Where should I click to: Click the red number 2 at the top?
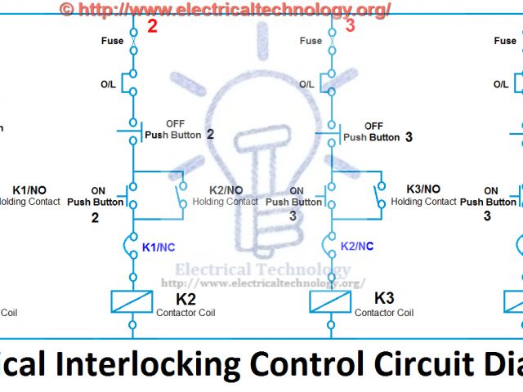pos(152,26)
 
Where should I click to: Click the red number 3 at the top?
pos(350,26)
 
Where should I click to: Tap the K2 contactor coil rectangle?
pos(132,301)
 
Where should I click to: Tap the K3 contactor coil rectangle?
pos(331,301)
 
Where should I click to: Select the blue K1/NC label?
pos(159,246)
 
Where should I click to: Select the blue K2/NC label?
pos(357,246)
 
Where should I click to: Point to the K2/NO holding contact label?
pos(227,189)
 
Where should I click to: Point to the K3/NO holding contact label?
pos(423,189)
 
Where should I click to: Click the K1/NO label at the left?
pos(30,189)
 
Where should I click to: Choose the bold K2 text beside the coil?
pos(186,298)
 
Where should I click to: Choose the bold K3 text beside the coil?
pos(384,298)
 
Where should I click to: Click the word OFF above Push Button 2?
pos(175,124)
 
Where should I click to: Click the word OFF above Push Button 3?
pos(373,126)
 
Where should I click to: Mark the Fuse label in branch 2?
pos(112,41)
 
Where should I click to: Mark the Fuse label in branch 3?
pos(311,41)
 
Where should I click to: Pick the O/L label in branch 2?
pos(109,84)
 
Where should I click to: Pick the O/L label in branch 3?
pos(306,84)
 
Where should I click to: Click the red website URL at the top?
pos(225,9)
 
